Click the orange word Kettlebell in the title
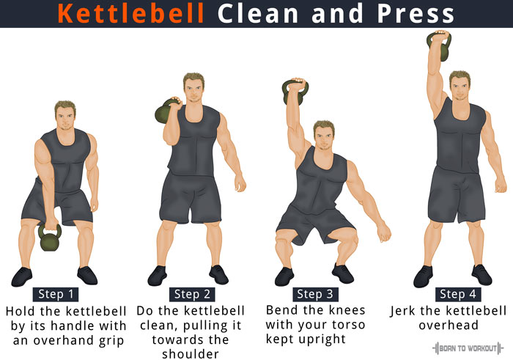131,13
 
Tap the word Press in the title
416,13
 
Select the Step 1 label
56,294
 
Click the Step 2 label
192,294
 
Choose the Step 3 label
315,294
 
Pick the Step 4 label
458,294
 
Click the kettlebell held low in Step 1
50,238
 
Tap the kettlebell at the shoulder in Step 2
166,111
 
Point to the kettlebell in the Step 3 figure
295,92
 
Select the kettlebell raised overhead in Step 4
440,45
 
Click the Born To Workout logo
468,348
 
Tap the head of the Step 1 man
65,115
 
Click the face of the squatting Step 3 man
324,138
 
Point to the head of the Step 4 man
460,86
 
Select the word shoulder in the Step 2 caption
191,354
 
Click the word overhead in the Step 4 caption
449,326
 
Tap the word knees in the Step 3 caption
347,310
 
